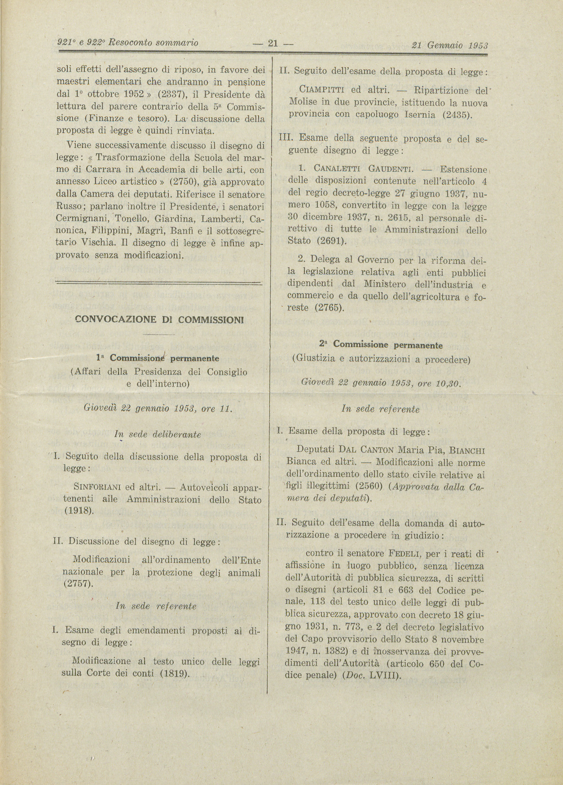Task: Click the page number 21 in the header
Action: click(273, 44)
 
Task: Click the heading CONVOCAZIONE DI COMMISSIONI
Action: click(159, 320)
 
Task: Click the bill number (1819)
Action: click(174, 673)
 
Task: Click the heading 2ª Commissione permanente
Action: click(381, 345)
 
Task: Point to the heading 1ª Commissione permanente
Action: click(157, 358)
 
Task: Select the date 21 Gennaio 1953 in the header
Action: click(450, 45)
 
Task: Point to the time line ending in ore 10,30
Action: click(382, 384)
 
